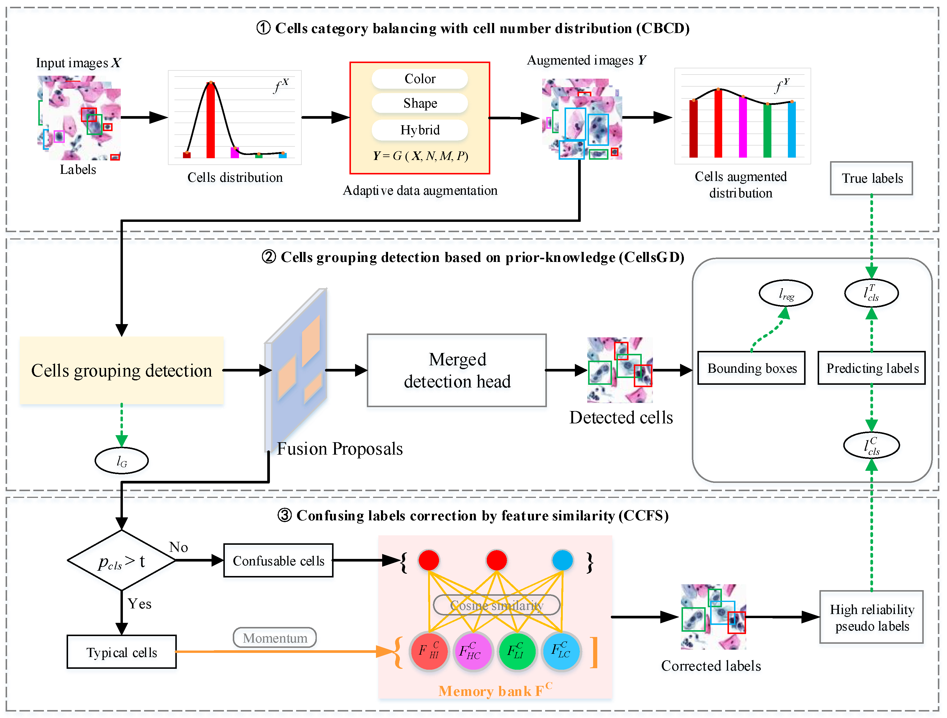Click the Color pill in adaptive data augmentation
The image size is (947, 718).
420,79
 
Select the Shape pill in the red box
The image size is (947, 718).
420,103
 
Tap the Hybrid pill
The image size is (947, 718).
420,130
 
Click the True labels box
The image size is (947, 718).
871,178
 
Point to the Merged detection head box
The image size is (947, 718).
456,370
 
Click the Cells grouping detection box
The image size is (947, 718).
122,370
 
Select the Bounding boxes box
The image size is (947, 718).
751,368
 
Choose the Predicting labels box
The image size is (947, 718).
872,368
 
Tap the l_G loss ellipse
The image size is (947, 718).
122,461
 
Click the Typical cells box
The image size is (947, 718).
122,652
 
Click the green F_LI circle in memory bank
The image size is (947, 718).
517,651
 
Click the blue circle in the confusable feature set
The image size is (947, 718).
562,560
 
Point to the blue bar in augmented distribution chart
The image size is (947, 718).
792,129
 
